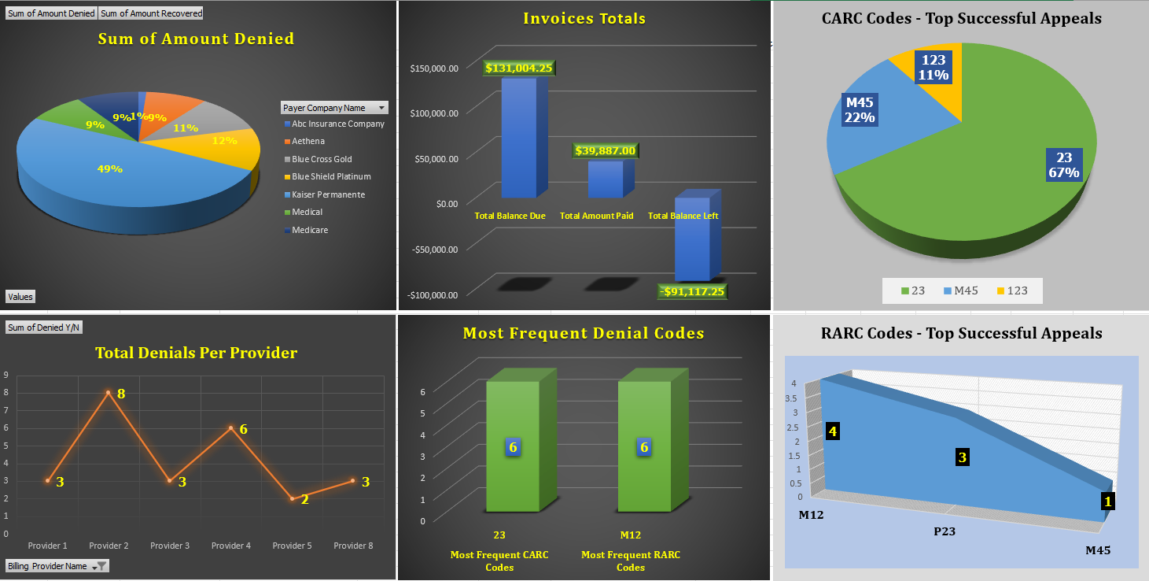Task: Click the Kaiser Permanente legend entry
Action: click(x=328, y=194)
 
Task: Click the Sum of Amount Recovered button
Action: click(x=151, y=13)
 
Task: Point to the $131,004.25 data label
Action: click(x=519, y=68)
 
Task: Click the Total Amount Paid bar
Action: click(x=606, y=179)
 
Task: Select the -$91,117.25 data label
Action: click(x=693, y=291)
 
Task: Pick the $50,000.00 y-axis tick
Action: click(x=434, y=158)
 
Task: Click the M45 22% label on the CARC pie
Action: click(x=860, y=110)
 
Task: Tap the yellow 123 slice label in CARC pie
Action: click(x=934, y=68)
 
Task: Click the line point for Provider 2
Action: click(x=109, y=392)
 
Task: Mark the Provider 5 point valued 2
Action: click(x=292, y=498)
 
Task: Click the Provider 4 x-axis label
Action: click(x=231, y=546)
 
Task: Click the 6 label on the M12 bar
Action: click(x=644, y=447)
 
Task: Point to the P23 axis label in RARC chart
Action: click(x=944, y=531)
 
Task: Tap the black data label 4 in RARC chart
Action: click(x=832, y=431)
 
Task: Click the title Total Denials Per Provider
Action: click(x=196, y=353)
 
